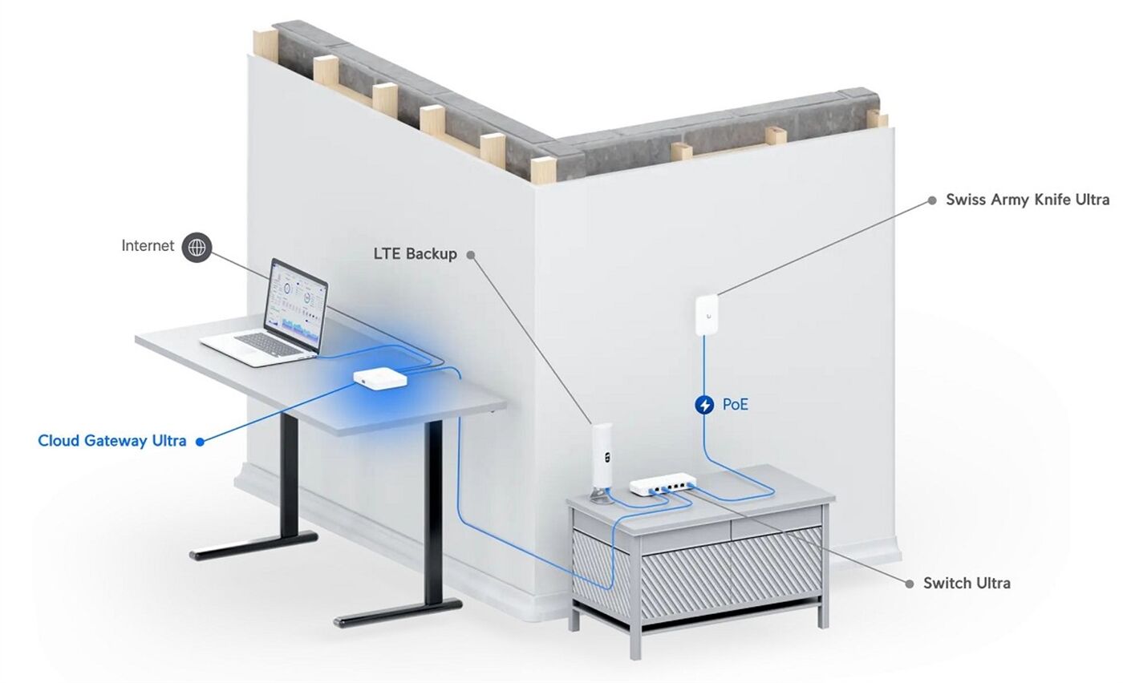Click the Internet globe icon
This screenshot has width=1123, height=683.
197,247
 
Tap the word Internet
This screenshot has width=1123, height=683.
148,245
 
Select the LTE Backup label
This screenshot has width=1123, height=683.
416,253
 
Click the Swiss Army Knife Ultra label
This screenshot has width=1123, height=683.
1028,200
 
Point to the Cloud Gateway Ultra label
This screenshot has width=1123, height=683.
111,440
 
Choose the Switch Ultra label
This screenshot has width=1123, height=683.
967,583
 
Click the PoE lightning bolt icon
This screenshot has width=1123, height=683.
704,404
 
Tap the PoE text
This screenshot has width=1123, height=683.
735,404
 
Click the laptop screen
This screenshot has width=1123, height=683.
297,305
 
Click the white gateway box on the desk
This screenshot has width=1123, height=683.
380,378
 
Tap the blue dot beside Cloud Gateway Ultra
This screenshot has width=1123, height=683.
200,442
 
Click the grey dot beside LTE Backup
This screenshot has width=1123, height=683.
471,255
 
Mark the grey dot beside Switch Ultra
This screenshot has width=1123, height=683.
910,584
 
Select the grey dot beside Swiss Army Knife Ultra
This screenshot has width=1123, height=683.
932,200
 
